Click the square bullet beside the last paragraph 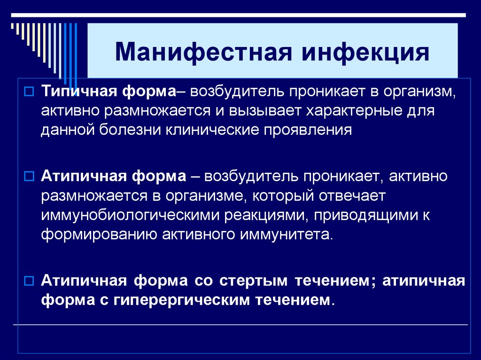point(28,282)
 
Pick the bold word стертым point(253,281)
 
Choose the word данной point(67,130)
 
